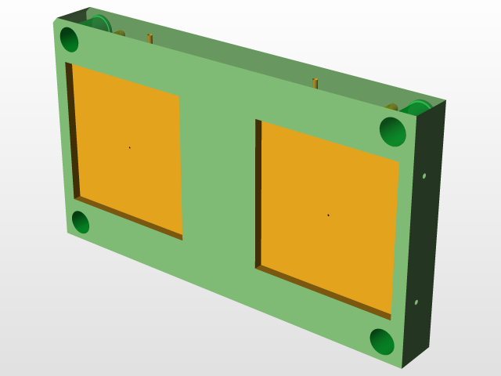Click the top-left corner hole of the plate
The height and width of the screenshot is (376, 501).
[69, 39]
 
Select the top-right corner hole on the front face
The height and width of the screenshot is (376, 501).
[394, 131]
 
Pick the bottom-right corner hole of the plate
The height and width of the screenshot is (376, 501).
[382, 342]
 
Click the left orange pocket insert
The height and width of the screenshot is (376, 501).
[128, 149]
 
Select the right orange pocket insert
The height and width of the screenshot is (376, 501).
[329, 215]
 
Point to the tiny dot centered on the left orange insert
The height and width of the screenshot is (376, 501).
[129, 147]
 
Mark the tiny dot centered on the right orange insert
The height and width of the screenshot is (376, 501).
[328, 215]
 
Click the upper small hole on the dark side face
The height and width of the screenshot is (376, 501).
[424, 176]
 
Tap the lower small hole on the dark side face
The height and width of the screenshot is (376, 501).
[416, 302]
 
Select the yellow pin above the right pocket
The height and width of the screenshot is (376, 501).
[315, 83]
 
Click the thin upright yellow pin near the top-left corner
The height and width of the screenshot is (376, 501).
[150, 38]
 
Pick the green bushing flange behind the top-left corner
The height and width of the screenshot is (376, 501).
[99, 23]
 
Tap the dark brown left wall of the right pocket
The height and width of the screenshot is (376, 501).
[258, 192]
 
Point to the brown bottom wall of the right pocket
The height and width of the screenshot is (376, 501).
[321, 290]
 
